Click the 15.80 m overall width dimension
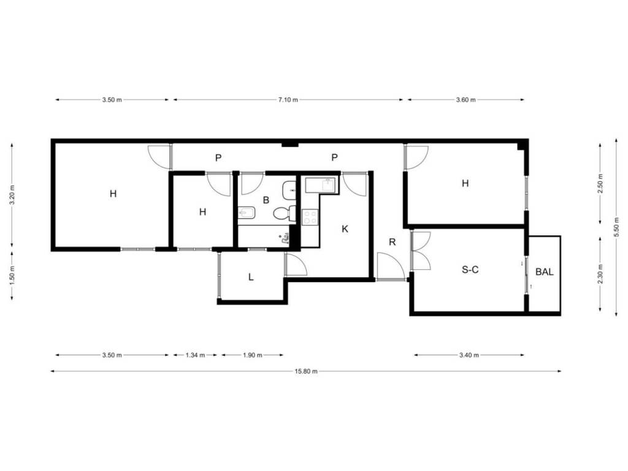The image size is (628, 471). pos(306,371)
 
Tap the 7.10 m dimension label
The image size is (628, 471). pos(288,100)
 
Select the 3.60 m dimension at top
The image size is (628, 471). pos(466,100)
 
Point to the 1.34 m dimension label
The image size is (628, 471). pos(195,355)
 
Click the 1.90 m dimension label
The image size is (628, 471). pos(252,355)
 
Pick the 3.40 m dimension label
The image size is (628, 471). pos(469,355)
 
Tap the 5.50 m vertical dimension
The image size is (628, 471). pos(616,227)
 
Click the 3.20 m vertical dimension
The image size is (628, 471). pos(12,195)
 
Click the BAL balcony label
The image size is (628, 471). pos(545,272)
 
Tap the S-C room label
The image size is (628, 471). pos(470,270)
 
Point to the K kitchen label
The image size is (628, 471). pos(345,229)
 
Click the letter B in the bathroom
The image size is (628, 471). pos(266,200)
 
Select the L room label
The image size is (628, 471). pos(251,277)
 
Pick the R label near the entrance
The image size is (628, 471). pos(392,242)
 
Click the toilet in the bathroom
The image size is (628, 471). pos(285,213)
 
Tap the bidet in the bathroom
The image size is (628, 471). pos(247,213)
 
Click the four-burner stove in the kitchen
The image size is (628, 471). pos(310,218)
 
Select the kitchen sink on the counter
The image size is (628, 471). pos(328,185)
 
